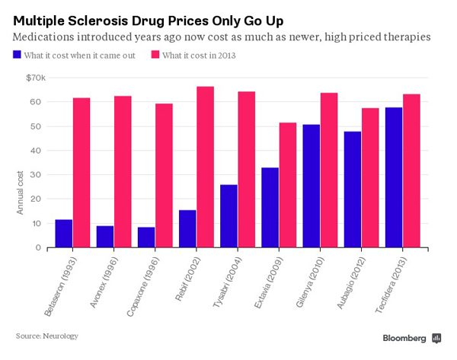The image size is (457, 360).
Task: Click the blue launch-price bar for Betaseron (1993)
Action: pyautogui.click(x=64, y=234)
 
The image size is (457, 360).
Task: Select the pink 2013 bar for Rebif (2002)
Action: pyautogui.click(x=205, y=167)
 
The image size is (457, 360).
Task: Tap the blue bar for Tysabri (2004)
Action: pyautogui.click(x=228, y=216)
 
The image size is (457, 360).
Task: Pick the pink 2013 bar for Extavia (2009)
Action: pyautogui.click(x=287, y=185)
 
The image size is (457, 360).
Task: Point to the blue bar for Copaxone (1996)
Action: pyautogui.click(x=146, y=237)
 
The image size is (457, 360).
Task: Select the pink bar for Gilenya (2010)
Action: pyautogui.click(x=328, y=170)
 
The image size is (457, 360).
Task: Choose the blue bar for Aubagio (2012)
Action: pyautogui.click(x=353, y=190)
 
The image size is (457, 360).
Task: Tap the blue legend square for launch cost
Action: pyautogui.click(x=17, y=54)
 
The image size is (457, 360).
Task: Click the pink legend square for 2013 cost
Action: pyautogui.click(x=155, y=54)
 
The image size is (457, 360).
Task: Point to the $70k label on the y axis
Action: pyautogui.click(x=36, y=77)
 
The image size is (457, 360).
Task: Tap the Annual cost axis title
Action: pyautogui.click(x=21, y=192)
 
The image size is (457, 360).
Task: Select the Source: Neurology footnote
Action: pyautogui.click(x=47, y=335)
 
